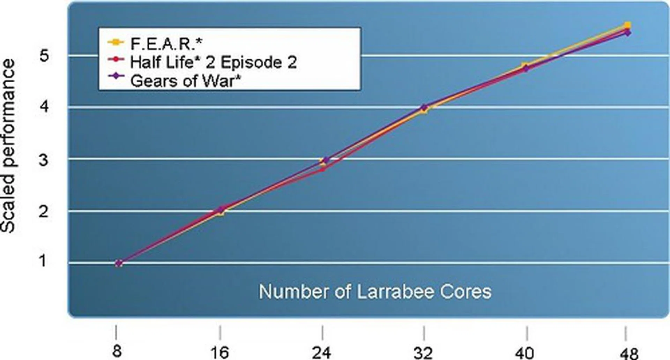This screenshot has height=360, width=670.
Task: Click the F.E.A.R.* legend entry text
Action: click(166, 44)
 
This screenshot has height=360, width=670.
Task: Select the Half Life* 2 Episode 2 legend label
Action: click(213, 62)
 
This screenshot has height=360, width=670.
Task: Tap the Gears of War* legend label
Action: click(186, 81)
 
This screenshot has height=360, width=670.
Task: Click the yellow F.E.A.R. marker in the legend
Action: click(116, 42)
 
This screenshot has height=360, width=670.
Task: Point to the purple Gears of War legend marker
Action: click(116, 76)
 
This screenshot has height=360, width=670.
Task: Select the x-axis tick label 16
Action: click(220, 352)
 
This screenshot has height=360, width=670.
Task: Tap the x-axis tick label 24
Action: click(321, 352)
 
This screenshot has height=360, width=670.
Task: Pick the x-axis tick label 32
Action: click(423, 352)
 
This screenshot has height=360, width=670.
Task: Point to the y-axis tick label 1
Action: click(43, 261)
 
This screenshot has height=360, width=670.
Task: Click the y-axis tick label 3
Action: click(43, 160)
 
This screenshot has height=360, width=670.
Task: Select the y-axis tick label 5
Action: click(44, 55)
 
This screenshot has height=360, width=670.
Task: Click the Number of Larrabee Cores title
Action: click(375, 292)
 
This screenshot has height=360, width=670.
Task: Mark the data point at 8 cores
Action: click(119, 263)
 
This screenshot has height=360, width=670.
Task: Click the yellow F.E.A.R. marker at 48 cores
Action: click(627, 25)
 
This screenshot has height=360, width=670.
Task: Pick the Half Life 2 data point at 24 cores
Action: click(323, 169)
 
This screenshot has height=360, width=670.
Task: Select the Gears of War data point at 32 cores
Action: click(424, 107)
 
